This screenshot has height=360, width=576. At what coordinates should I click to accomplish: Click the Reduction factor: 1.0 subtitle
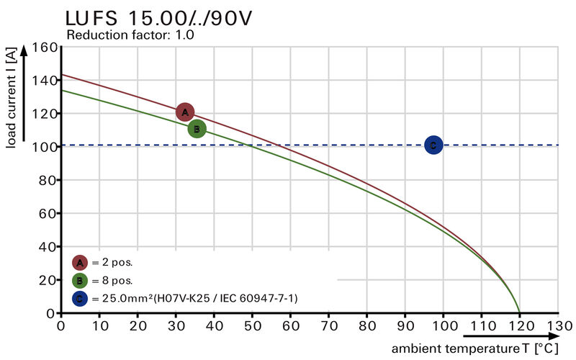[130, 35]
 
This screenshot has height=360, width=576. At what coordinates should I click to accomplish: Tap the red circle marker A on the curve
[185, 112]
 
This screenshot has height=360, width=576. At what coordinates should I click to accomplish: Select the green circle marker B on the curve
[197, 129]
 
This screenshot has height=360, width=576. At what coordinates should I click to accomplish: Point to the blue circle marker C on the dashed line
[433, 145]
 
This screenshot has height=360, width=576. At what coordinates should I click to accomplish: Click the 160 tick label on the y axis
[44, 48]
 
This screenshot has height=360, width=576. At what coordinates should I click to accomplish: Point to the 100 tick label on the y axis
[44, 147]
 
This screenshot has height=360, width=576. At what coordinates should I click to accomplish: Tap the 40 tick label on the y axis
[48, 247]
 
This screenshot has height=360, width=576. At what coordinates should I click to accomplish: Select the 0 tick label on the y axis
[52, 313]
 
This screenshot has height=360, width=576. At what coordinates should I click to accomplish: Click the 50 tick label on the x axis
[252, 326]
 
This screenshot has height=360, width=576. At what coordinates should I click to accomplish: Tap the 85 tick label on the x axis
[386, 326]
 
